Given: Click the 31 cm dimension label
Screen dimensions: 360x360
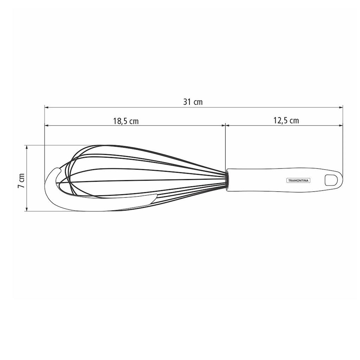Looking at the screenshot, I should pyautogui.click(x=193, y=102).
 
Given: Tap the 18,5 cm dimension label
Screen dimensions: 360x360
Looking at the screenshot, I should pyautogui.click(x=126, y=121).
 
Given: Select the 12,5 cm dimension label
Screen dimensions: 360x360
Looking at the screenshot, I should pyautogui.click(x=286, y=121).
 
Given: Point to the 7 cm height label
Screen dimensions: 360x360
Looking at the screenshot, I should pyautogui.click(x=21, y=180).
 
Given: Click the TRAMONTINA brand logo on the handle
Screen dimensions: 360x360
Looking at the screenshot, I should pyautogui.click(x=299, y=180).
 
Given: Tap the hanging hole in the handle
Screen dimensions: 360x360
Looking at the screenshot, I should pyautogui.click(x=330, y=179).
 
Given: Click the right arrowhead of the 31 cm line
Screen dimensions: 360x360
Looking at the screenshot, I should pyautogui.click(x=341, y=107).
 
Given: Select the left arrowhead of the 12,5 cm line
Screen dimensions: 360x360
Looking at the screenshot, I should pyautogui.click(x=227, y=125).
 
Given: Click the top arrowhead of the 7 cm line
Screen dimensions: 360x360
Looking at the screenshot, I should pyautogui.click(x=27, y=147).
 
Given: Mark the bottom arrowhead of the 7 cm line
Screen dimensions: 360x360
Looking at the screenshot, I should pyautogui.click(x=27, y=209).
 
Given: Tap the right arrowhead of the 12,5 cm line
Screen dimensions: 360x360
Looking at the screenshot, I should pyautogui.click(x=341, y=125).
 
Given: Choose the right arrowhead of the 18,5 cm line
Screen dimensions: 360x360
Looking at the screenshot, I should pyautogui.click(x=223, y=125).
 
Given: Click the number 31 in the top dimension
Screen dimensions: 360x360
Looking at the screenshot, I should pyautogui.click(x=187, y=102).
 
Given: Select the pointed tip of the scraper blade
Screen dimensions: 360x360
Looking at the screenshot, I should pyautogui.click(x=156, y=195).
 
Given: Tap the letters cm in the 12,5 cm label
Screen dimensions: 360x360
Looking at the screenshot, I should pyautogui.click(x=294, y=121).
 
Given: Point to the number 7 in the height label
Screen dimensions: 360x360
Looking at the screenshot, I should pyautogui.click(x=21, y=186).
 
